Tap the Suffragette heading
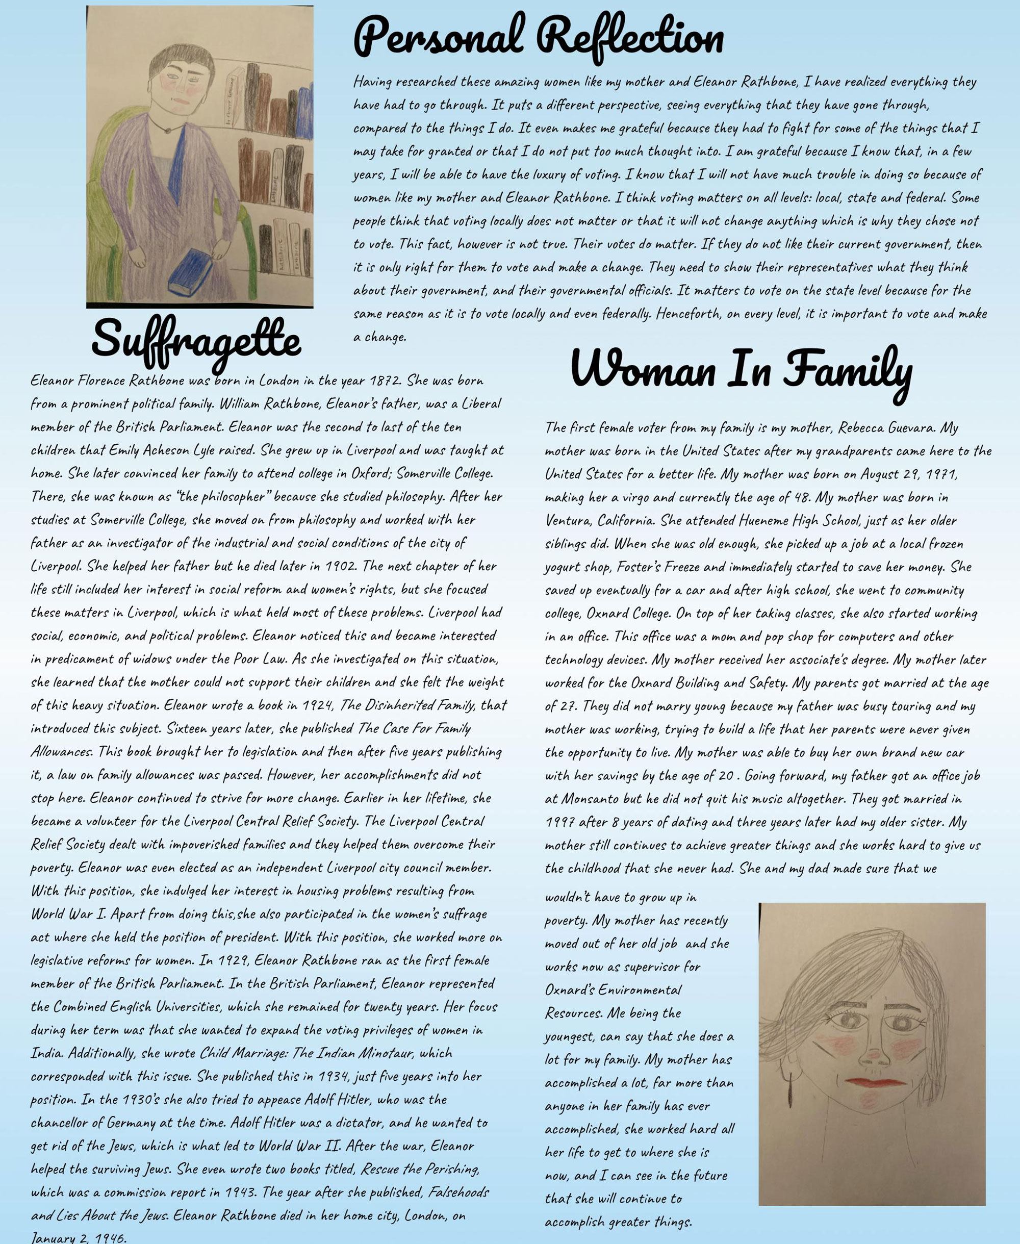(x=196, y=339)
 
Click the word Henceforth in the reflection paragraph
(x=688, y=314)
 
